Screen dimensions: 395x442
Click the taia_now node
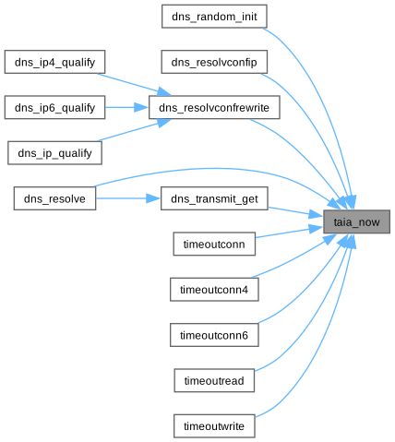point(356,221)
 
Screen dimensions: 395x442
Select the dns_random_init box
point(214,17)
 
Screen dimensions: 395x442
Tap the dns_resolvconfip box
point(214,62)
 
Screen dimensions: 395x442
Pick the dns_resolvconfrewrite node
point(214,107)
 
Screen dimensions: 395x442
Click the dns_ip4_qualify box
point(54,62)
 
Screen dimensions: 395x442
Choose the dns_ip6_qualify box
point(54,107)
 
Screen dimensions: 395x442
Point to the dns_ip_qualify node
point(54,153)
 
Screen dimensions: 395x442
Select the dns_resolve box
point(54,198)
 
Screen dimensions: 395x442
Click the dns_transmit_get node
point(214,198)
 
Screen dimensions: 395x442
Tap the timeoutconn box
point(214,244)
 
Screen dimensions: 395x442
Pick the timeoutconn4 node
point(214,290)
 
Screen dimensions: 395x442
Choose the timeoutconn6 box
point(214,335)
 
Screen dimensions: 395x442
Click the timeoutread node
point(214,380)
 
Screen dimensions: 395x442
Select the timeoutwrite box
point(214,426)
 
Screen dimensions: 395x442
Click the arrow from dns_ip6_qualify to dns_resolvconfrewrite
point(126,107)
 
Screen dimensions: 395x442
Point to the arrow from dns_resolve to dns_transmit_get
point(128,198)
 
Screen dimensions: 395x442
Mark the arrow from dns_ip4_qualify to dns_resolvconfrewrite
point(134,84)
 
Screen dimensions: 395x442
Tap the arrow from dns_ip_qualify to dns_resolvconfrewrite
point(134,130)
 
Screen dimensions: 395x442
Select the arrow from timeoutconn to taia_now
point(289,233)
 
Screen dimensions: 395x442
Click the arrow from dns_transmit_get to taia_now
point(295,212)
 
